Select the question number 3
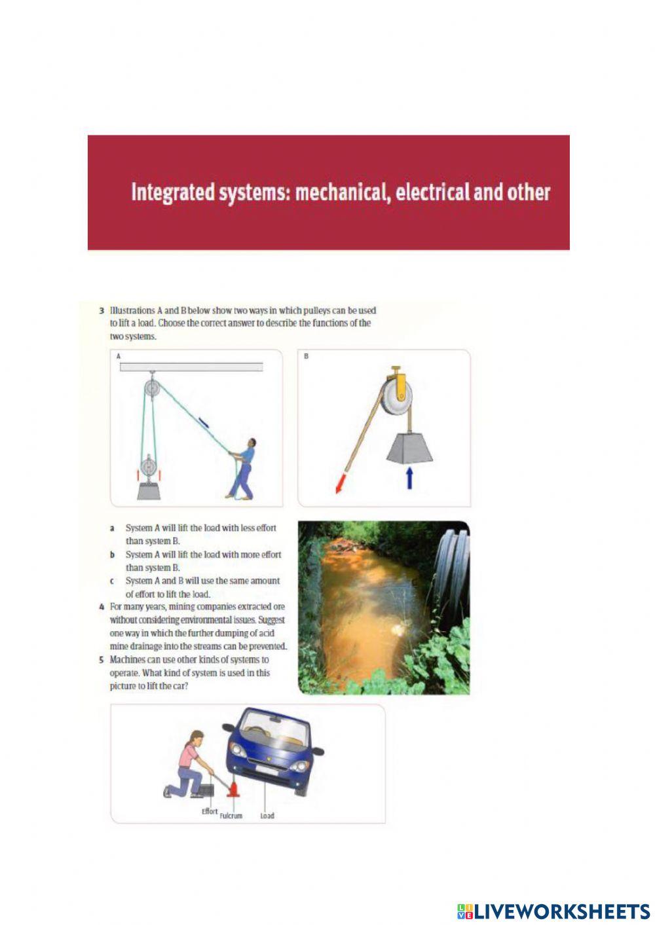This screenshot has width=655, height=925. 102,310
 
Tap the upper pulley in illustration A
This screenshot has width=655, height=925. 152,389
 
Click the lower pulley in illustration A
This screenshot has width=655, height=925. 150,468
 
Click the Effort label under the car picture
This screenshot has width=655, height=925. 210,811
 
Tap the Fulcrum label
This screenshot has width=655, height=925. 231,816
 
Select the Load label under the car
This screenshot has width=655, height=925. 267,816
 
